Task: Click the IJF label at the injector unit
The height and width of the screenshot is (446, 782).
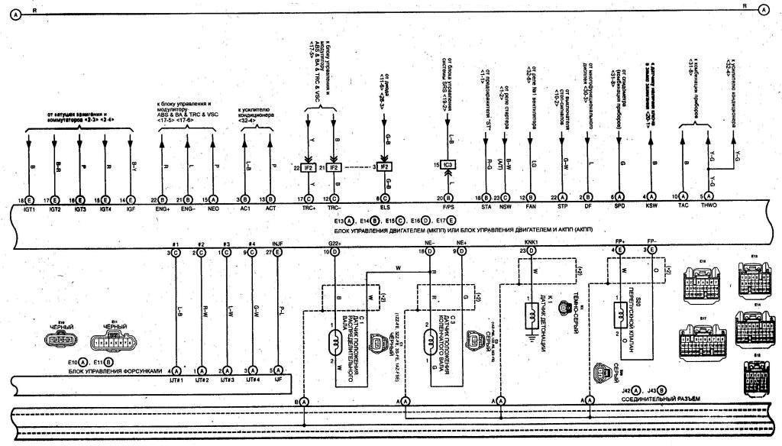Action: (278, 380)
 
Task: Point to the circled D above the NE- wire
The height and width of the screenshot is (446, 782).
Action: (431, 251)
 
